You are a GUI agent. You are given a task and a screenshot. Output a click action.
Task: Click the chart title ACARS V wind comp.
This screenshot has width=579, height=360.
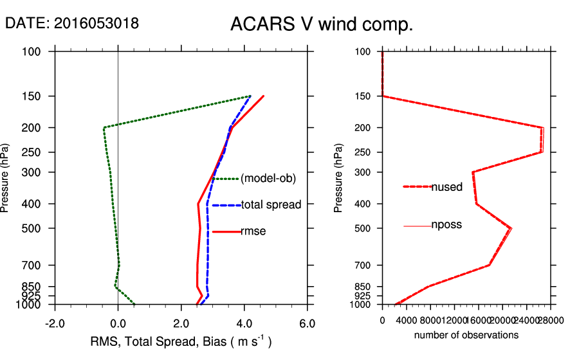point(321,24)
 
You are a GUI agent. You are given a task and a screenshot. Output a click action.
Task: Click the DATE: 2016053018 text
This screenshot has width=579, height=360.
point(71,23)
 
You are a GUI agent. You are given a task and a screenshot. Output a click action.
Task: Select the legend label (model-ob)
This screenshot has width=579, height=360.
point(268,179)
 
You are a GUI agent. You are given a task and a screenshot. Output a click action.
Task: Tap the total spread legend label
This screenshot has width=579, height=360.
point(271,205)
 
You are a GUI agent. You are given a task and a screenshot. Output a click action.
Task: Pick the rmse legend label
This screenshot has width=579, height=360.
point(253,231)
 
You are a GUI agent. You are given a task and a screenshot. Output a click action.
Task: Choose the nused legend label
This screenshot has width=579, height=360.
point(446,187)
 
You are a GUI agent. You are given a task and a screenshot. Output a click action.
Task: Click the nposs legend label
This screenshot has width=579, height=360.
point(446,225)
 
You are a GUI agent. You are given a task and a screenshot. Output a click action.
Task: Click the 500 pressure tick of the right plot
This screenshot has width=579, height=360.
point(363,228)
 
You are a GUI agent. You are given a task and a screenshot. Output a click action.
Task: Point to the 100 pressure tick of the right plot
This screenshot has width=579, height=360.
point(363,51)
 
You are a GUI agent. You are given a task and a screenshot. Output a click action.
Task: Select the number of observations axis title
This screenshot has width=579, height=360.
point(466,335)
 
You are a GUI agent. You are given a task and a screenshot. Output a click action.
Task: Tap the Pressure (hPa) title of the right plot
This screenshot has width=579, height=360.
point(338,179)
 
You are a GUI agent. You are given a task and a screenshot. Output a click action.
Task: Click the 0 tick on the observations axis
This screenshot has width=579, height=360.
point(382,319)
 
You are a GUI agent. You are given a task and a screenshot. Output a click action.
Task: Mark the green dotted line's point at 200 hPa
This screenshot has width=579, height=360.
point(104,127)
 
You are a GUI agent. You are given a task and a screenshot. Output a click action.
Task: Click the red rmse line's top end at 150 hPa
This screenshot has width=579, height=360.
point(264,96)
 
